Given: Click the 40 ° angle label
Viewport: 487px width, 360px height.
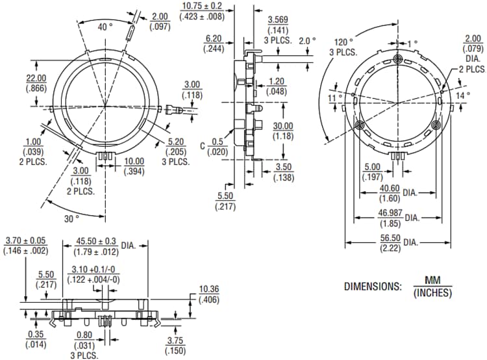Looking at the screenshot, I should click(x=104, y=27).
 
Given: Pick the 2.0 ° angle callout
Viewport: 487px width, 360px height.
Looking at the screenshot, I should click(x=306, y=40).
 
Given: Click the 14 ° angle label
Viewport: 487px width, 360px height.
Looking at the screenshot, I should click(x=462, y=95).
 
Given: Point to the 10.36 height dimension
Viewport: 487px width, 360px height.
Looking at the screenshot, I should click(x=209, y=289).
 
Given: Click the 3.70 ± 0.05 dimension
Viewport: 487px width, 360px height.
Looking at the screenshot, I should click(x=25, y=240).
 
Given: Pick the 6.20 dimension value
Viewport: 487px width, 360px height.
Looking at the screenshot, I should click(x=214, y=39).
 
